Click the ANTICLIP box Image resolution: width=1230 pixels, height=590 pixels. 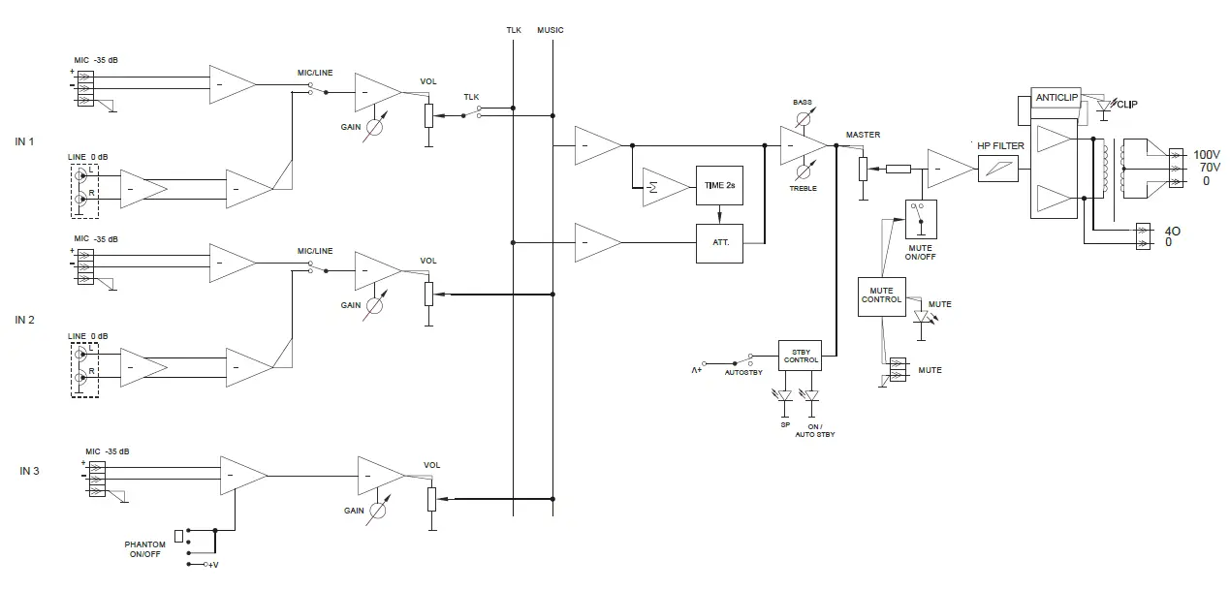(1056, 98)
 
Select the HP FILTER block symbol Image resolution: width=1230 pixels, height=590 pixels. (998, 170)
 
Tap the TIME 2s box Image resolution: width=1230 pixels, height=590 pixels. (718, 184)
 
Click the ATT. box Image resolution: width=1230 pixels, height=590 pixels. (718, 243)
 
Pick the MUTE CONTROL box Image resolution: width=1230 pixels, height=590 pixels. (881, 295)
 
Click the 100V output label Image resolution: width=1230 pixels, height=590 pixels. (1206, 155)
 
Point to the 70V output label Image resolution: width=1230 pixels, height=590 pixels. (1206, 168)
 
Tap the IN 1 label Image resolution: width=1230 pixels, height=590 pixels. (25, 141)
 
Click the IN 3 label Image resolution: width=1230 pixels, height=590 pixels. (30, 471)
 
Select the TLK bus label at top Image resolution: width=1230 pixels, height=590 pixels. (514, 30)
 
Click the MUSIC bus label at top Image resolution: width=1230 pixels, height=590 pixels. (550, 30)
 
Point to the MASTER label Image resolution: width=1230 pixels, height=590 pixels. (862, 135)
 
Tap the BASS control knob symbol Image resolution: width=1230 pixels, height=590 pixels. (803, 118)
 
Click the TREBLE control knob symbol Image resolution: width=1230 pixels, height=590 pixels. (803, 172)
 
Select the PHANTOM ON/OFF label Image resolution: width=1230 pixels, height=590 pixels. (144, 549)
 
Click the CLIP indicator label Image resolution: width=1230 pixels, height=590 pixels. (1128, 106)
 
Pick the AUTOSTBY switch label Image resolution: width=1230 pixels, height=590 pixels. (742, 371)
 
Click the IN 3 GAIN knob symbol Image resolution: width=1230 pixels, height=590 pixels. (379, 509)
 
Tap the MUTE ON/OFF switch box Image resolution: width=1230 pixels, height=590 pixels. (920, 220)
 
